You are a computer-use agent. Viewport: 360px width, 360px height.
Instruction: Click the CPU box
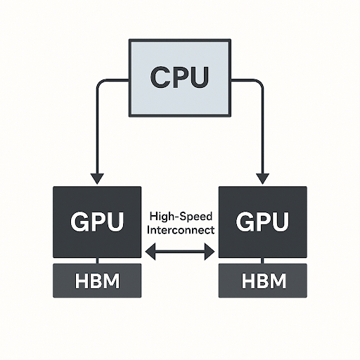(180, 95)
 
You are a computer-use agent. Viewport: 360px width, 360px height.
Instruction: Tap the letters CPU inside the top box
(180, 77)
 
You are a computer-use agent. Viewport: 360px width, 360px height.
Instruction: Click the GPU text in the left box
(97, 222)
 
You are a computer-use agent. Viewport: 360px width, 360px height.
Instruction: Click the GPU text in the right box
(263, 222)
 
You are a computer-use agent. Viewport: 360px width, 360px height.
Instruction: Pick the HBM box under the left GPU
(97, 281)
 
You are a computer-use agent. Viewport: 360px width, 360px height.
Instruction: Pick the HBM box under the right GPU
(263, 281)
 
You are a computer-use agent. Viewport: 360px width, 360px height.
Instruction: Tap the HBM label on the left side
(97, 282)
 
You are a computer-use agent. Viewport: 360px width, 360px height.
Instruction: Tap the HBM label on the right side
(263, 282)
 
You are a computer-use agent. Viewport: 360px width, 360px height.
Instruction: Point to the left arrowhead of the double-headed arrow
(148, 251)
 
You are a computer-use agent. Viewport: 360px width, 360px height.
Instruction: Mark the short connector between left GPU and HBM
(97, 260)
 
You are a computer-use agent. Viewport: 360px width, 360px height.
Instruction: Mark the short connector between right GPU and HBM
(263, 260)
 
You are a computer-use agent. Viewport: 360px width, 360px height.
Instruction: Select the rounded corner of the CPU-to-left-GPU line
(99, 82)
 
